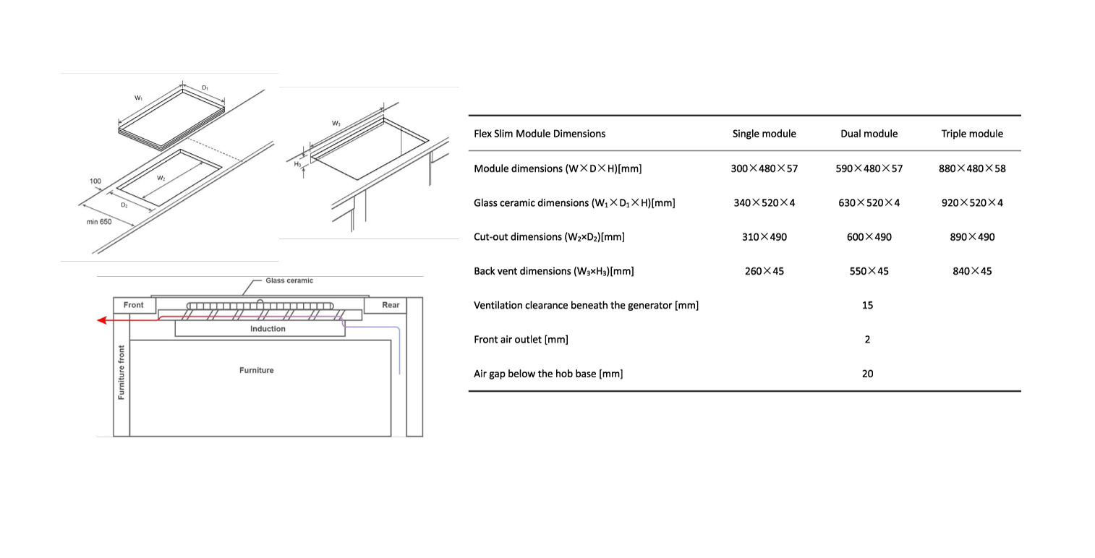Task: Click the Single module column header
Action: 764,134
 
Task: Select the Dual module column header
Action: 869,134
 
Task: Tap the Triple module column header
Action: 971,134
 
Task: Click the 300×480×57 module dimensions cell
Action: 764,168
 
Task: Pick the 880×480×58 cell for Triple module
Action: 971,168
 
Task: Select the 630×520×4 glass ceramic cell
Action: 868,202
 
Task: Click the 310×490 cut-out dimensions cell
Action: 764,237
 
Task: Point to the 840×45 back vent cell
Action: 971,271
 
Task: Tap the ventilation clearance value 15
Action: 867,305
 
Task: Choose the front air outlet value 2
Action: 867,340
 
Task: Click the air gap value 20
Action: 867,374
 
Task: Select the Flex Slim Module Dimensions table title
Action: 540,134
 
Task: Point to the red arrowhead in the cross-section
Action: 103,320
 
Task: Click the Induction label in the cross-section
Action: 268,329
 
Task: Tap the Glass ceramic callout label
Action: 289,280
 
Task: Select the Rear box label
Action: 391,305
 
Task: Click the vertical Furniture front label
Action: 122,372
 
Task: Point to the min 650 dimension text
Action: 99,222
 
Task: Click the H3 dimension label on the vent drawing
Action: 297,164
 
